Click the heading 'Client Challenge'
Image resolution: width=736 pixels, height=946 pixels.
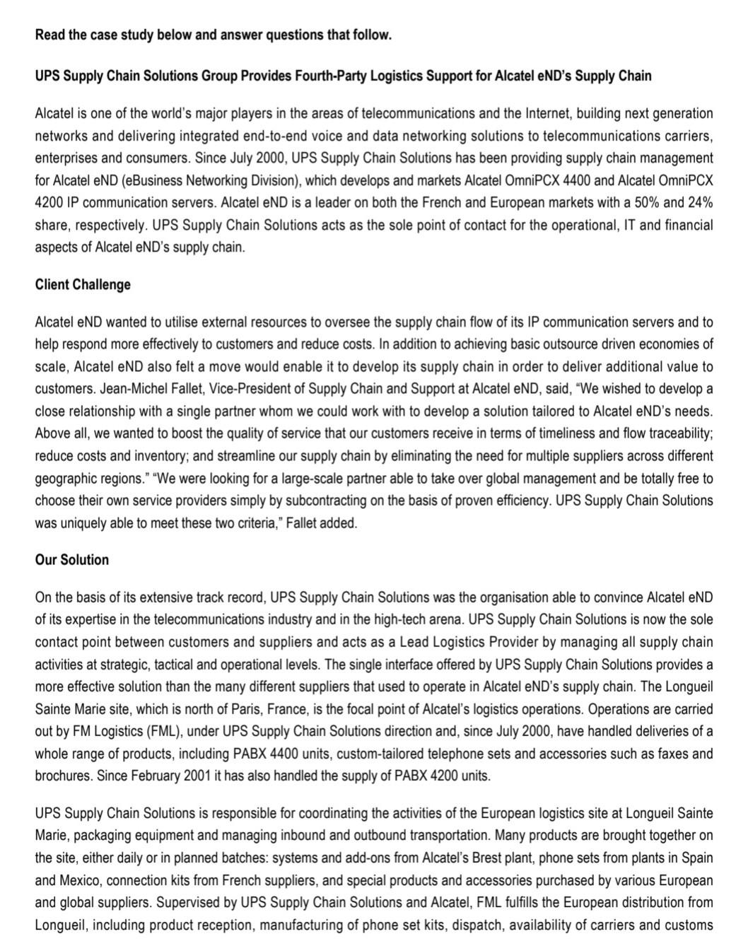coord(83,285)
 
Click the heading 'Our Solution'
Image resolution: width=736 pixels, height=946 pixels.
coord(72,560)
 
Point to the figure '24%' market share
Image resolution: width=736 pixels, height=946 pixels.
coord(699,203)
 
